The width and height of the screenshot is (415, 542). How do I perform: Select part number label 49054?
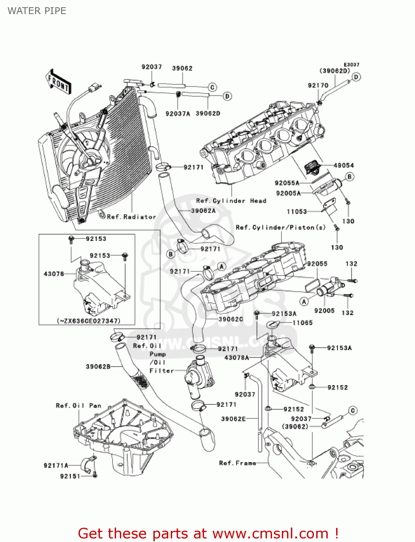tap(343, 165)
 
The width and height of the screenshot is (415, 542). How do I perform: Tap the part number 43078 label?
tap(54, 274)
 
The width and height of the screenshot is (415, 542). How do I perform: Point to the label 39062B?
tap(98, 367)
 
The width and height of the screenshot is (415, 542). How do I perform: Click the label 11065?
tap(302, 323)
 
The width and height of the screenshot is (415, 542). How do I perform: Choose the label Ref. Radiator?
tap(131, 217)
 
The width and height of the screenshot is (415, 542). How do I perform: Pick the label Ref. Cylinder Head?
tap(231, 201)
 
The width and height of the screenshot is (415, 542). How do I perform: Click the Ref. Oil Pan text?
tap(79, 406)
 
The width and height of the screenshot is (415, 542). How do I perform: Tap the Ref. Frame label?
tap(237, 463)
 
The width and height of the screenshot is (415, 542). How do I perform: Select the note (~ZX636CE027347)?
tap(89, 321)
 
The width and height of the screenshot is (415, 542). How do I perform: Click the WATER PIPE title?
tap(37, 11)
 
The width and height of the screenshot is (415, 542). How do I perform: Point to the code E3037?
tap(351, 65)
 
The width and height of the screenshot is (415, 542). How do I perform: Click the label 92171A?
tap(56, 465)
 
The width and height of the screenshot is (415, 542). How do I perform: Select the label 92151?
tap(70, 476)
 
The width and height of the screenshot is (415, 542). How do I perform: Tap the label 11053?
tap(297, 211)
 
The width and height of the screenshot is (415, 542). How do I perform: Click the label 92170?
tap(318, 85)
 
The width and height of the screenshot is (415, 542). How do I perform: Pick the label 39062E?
tap(233, 419)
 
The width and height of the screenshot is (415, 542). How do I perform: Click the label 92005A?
tap(288, 193)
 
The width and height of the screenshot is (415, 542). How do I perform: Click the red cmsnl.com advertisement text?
tap(208, 533)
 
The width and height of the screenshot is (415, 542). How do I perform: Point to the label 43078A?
tap(237, 358)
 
